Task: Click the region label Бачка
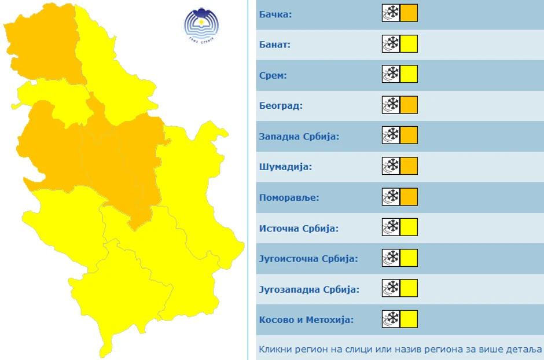point(275,13)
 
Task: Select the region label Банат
point(275,44)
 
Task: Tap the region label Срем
point(273,75)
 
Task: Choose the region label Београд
point(281,105)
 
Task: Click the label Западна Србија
point(299,136)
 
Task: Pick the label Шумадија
point(285,167)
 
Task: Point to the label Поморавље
point(289,197)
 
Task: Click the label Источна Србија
point(299,228)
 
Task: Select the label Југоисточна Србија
point(308,259)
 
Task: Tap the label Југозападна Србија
point(309,289)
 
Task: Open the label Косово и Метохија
point(306,320)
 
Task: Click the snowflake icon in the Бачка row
point(391,13)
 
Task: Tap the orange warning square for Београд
point(409,105)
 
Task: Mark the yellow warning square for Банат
point(409,44)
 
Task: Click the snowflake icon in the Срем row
point(391,75)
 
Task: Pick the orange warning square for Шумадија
point(409,167)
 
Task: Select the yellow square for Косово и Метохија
point(409,319)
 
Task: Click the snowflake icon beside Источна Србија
point(391,227)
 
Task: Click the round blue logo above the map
point(201,25)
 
